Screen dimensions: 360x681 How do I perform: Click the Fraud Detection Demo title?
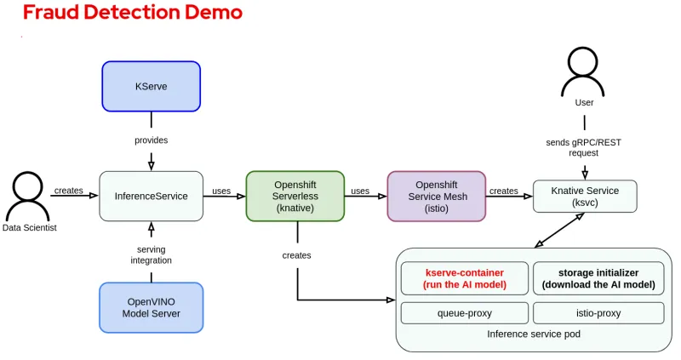point(132,13)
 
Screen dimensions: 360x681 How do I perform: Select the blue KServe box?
point(151,86)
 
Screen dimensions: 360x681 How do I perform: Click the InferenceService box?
point(151,196)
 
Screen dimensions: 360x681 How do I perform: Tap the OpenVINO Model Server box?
point(151,307)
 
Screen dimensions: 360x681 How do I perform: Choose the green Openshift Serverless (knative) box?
point(295,197)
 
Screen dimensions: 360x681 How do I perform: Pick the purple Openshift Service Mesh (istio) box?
point(436,197)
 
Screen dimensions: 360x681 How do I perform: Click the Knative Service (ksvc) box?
point(584,197)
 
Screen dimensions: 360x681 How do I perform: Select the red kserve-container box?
point(464,278)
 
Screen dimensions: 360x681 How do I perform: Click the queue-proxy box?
point(464,313)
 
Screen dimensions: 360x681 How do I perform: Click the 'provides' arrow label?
point(151,140)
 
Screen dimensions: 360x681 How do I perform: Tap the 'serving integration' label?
point(151,254)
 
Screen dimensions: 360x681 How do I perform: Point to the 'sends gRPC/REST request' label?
point(584,147)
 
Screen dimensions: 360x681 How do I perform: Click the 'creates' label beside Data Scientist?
point(69,191)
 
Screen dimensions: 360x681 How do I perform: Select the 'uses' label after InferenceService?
point(221,191)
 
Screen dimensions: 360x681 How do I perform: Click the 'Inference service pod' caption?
point(534,334)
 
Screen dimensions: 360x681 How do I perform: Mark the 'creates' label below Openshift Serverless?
point(297,255)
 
